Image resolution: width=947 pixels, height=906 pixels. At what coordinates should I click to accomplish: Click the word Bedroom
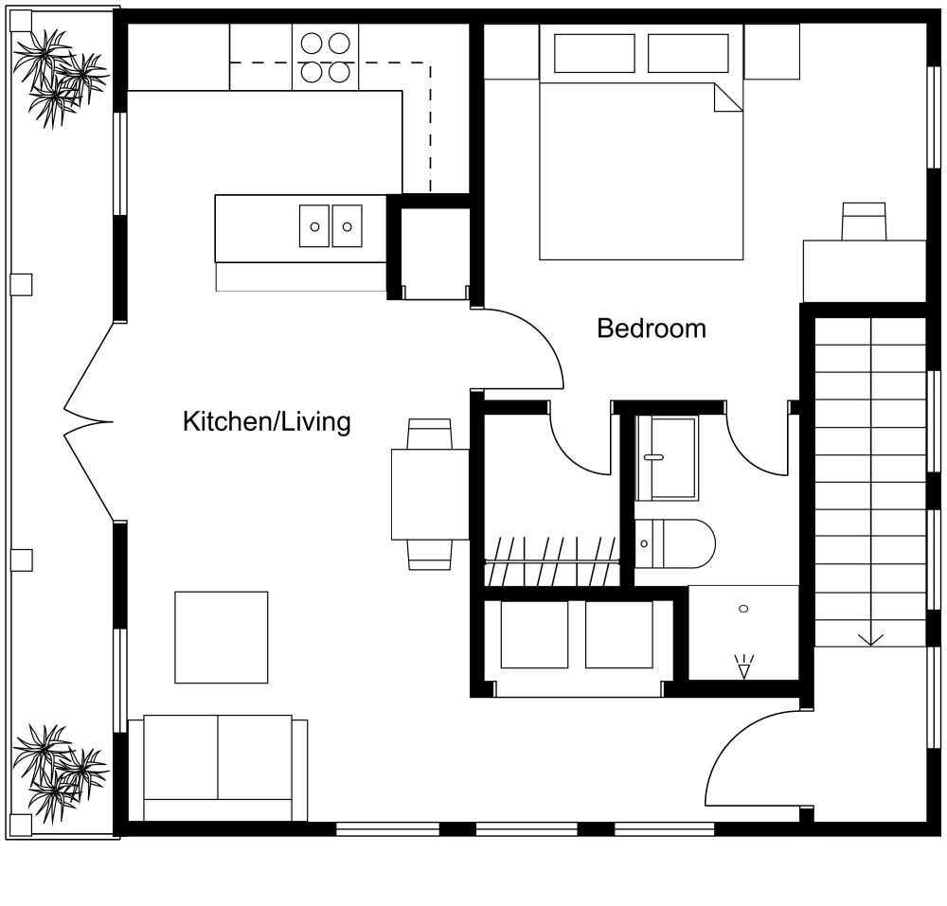651,329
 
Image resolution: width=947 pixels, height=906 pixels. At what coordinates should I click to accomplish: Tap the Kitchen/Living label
266,421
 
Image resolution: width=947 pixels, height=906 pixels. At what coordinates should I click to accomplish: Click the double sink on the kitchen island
331,226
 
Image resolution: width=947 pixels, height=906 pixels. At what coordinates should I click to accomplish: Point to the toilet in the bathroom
674,543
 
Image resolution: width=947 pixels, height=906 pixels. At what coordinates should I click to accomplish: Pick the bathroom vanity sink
666,458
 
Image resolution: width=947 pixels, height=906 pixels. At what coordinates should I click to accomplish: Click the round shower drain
743,608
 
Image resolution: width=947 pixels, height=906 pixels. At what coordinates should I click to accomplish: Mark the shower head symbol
743,667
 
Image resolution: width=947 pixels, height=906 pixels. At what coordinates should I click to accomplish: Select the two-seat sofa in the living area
218,767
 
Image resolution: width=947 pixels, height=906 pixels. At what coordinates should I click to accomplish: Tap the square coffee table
221,636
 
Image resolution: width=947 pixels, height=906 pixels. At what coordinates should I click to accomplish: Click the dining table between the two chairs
430,493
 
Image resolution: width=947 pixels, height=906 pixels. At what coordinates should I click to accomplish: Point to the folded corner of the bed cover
726,98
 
